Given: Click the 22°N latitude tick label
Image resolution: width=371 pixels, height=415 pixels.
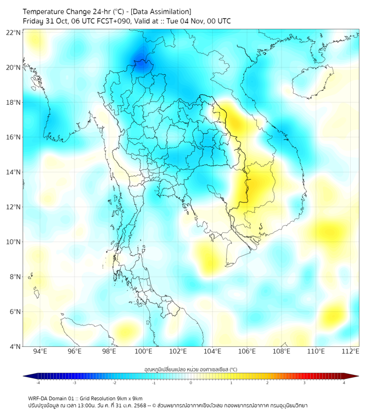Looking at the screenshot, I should [x=14, y=33].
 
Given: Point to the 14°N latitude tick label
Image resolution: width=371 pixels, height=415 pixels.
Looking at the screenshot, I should [x=14, y=172].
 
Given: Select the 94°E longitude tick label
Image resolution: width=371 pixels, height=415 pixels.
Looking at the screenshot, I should [x=40, y=351].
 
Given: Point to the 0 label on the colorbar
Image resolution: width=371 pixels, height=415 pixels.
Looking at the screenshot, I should [x=191, y=383].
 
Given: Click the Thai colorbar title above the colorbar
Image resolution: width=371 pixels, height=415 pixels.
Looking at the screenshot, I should [x=190, y=369].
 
